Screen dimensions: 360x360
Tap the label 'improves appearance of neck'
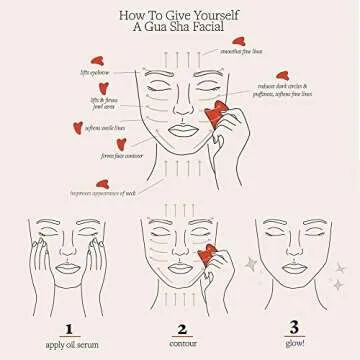103,193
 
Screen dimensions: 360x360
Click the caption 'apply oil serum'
68,345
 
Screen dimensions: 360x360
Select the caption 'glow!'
292,345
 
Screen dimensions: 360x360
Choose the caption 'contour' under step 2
181,345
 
